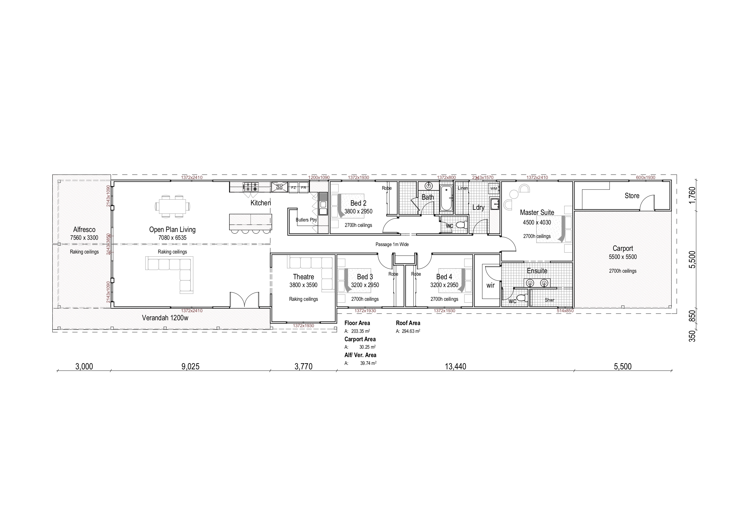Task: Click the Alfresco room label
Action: coord(84,229)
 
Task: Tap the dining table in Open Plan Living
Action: coord(172,206)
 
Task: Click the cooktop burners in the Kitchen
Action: coord(251,187)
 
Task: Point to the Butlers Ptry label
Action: coord(306,220)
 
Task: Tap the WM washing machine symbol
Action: coord(494,188)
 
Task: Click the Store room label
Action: coord(632,196)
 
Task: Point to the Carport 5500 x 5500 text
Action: coord(622,257)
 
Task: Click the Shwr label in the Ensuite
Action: coord(549,300)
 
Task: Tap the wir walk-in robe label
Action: coord(490,285)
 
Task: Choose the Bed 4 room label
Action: coord(444,277)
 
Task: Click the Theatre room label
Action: coord(303,277)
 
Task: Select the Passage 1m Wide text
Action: coord(392,245)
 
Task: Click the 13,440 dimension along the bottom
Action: coord(455,366)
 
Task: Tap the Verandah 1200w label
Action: coord(165,318)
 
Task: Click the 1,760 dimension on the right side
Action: coord(692,195)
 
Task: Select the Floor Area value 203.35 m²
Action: coord(360,331)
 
